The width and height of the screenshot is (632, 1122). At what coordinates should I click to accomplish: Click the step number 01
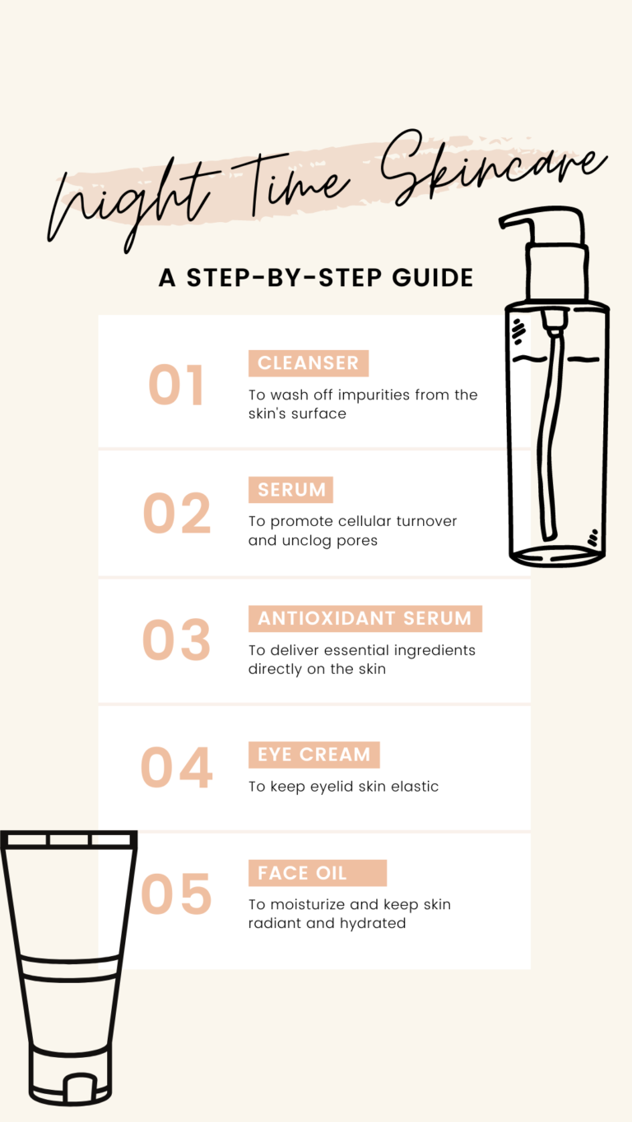click(175, 386)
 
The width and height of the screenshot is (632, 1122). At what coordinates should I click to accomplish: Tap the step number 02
click(177, 514)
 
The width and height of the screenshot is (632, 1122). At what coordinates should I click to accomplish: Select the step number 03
click(177, 640)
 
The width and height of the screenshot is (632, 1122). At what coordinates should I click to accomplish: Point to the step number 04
click(177, 767)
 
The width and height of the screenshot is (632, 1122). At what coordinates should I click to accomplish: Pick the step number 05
click(177, 894)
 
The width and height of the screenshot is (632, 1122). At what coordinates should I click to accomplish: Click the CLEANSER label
click(308, 363)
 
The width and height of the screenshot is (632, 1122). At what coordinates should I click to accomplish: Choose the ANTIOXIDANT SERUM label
click(365, 619)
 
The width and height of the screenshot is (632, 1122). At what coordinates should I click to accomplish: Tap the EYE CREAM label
click(314, 755)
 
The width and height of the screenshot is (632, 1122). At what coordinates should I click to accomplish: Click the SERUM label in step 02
click(290, 490)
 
